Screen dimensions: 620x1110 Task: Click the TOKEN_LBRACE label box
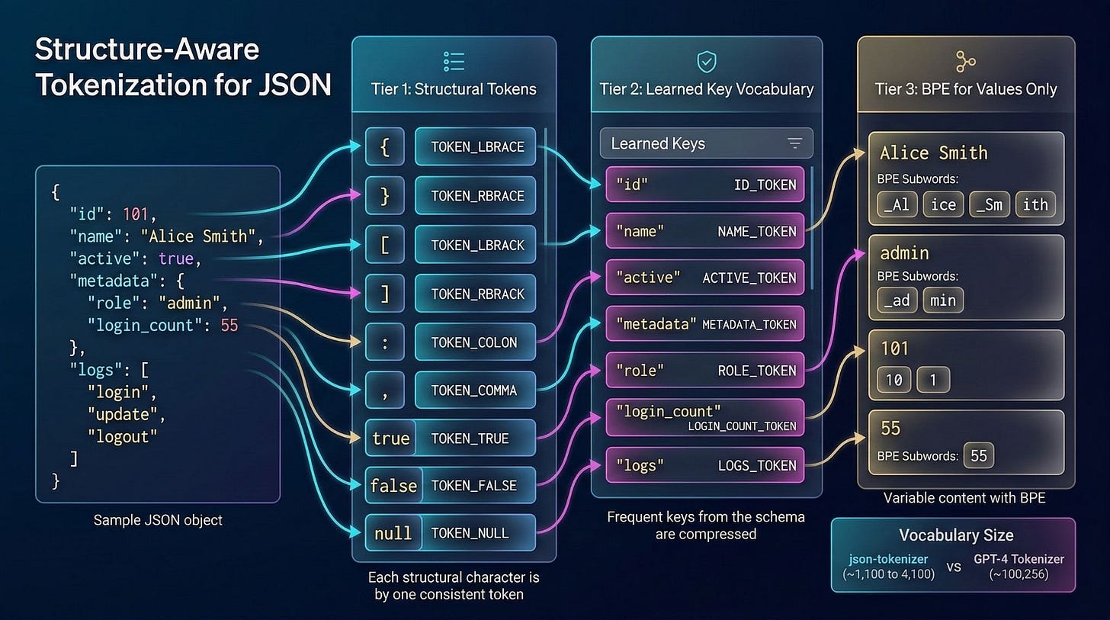(x=476, y=146)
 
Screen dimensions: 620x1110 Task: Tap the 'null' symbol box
(x=393, y=533)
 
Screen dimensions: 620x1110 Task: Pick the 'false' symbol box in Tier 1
(x=393, y=485)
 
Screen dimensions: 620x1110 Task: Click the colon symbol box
(x=385, y=342)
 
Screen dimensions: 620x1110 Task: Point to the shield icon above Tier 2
(x=706, y=62)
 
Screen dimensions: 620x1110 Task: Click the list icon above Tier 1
(x=454, y=62)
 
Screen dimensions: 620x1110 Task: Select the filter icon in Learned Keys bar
(x=794, y=143)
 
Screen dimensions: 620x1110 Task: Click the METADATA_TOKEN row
(x=705, y=324)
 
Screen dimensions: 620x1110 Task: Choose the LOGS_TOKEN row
(x=705, y=465)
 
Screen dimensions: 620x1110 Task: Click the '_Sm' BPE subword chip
(x=989, y=204)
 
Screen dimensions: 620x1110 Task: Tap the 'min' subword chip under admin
(x=943, y=300)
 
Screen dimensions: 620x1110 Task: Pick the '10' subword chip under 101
(x=893, y=380)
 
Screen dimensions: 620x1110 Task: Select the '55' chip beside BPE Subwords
(x=979, y=456)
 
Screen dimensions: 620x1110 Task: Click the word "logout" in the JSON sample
(x=122, y=436)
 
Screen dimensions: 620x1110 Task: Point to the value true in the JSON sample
(x=176, y=259)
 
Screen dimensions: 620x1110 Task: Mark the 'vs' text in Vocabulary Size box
(x=953, y=567)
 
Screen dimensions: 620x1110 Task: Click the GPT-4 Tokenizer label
(x=1018, y=559)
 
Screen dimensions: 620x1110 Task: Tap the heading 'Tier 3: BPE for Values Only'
(x=966, y=89)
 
